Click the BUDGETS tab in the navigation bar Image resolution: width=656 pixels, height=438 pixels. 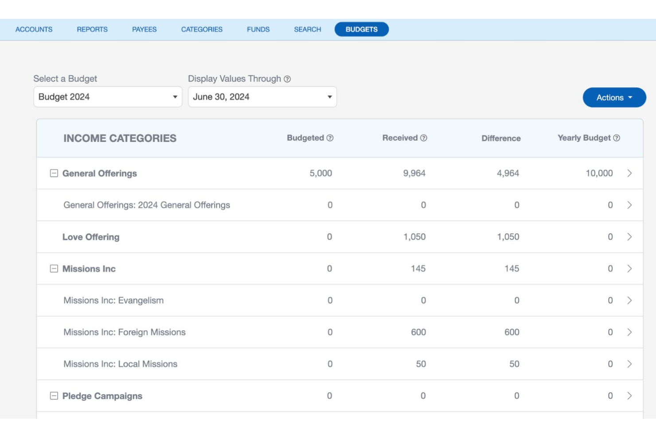point(361,29)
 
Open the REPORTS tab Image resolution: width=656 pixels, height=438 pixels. point(92,29)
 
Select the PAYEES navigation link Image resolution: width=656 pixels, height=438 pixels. point(144,29)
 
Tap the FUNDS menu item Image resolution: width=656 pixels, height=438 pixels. point(258,29)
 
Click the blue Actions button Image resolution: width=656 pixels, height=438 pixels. point(614,97)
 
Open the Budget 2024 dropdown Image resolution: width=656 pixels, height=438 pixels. point(108,97)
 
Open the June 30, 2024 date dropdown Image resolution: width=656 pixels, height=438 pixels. point(262,97)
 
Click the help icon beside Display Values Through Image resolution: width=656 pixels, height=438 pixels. point(287,79)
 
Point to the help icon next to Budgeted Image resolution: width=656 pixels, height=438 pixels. point(330,138)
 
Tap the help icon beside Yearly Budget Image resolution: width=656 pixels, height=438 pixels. point(617,138)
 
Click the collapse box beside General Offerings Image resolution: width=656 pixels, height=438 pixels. point(54,173)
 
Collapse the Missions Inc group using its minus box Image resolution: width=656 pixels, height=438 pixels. point(54,268)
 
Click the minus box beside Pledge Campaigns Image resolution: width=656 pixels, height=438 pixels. point(54,396)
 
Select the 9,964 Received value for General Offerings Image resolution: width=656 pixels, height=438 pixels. point(414,173)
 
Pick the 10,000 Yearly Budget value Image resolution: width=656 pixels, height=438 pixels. point(599,173)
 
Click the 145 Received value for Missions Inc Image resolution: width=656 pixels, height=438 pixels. point(418,268)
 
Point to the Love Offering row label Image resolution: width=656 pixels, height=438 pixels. point(91,237)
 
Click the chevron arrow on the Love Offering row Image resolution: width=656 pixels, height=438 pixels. point(629,237)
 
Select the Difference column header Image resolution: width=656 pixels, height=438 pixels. point(501,138)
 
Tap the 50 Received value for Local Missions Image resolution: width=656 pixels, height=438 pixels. point(421,364)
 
